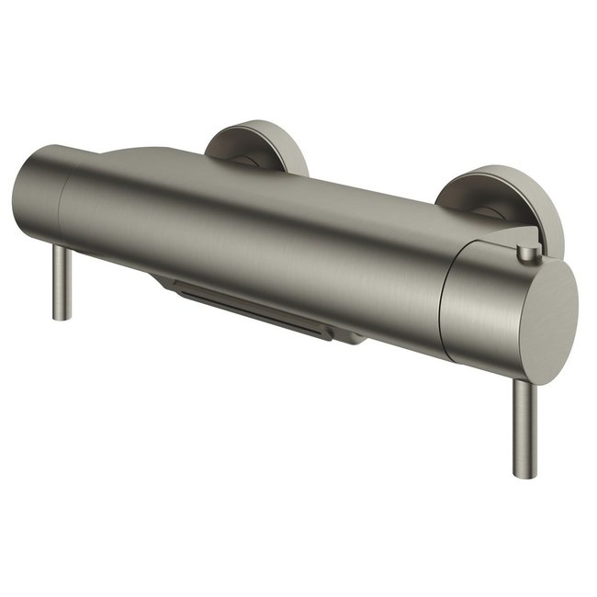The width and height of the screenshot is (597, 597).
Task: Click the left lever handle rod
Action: (x=62, y=280)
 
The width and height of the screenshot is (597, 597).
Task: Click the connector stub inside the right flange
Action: (x=485, y=213)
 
